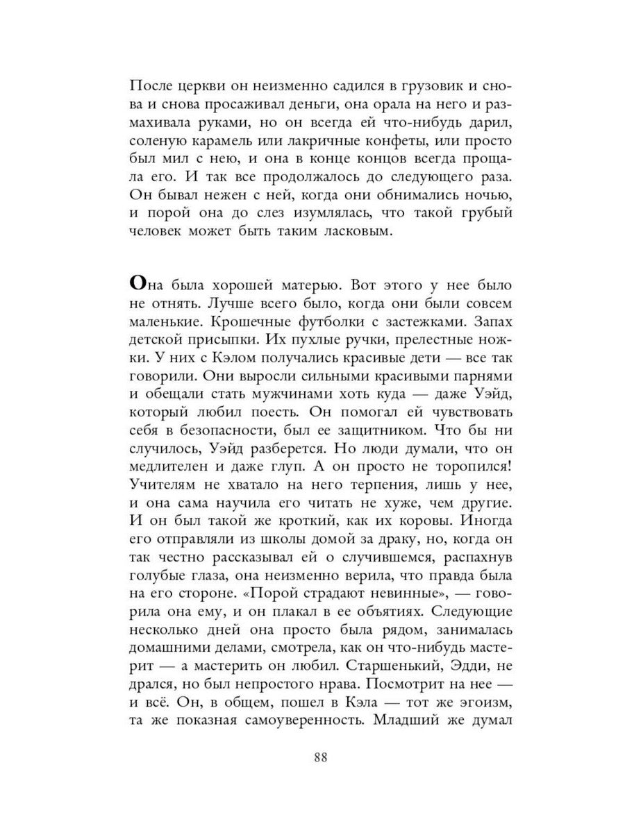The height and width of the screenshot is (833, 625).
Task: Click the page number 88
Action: (x=320, y=757)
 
